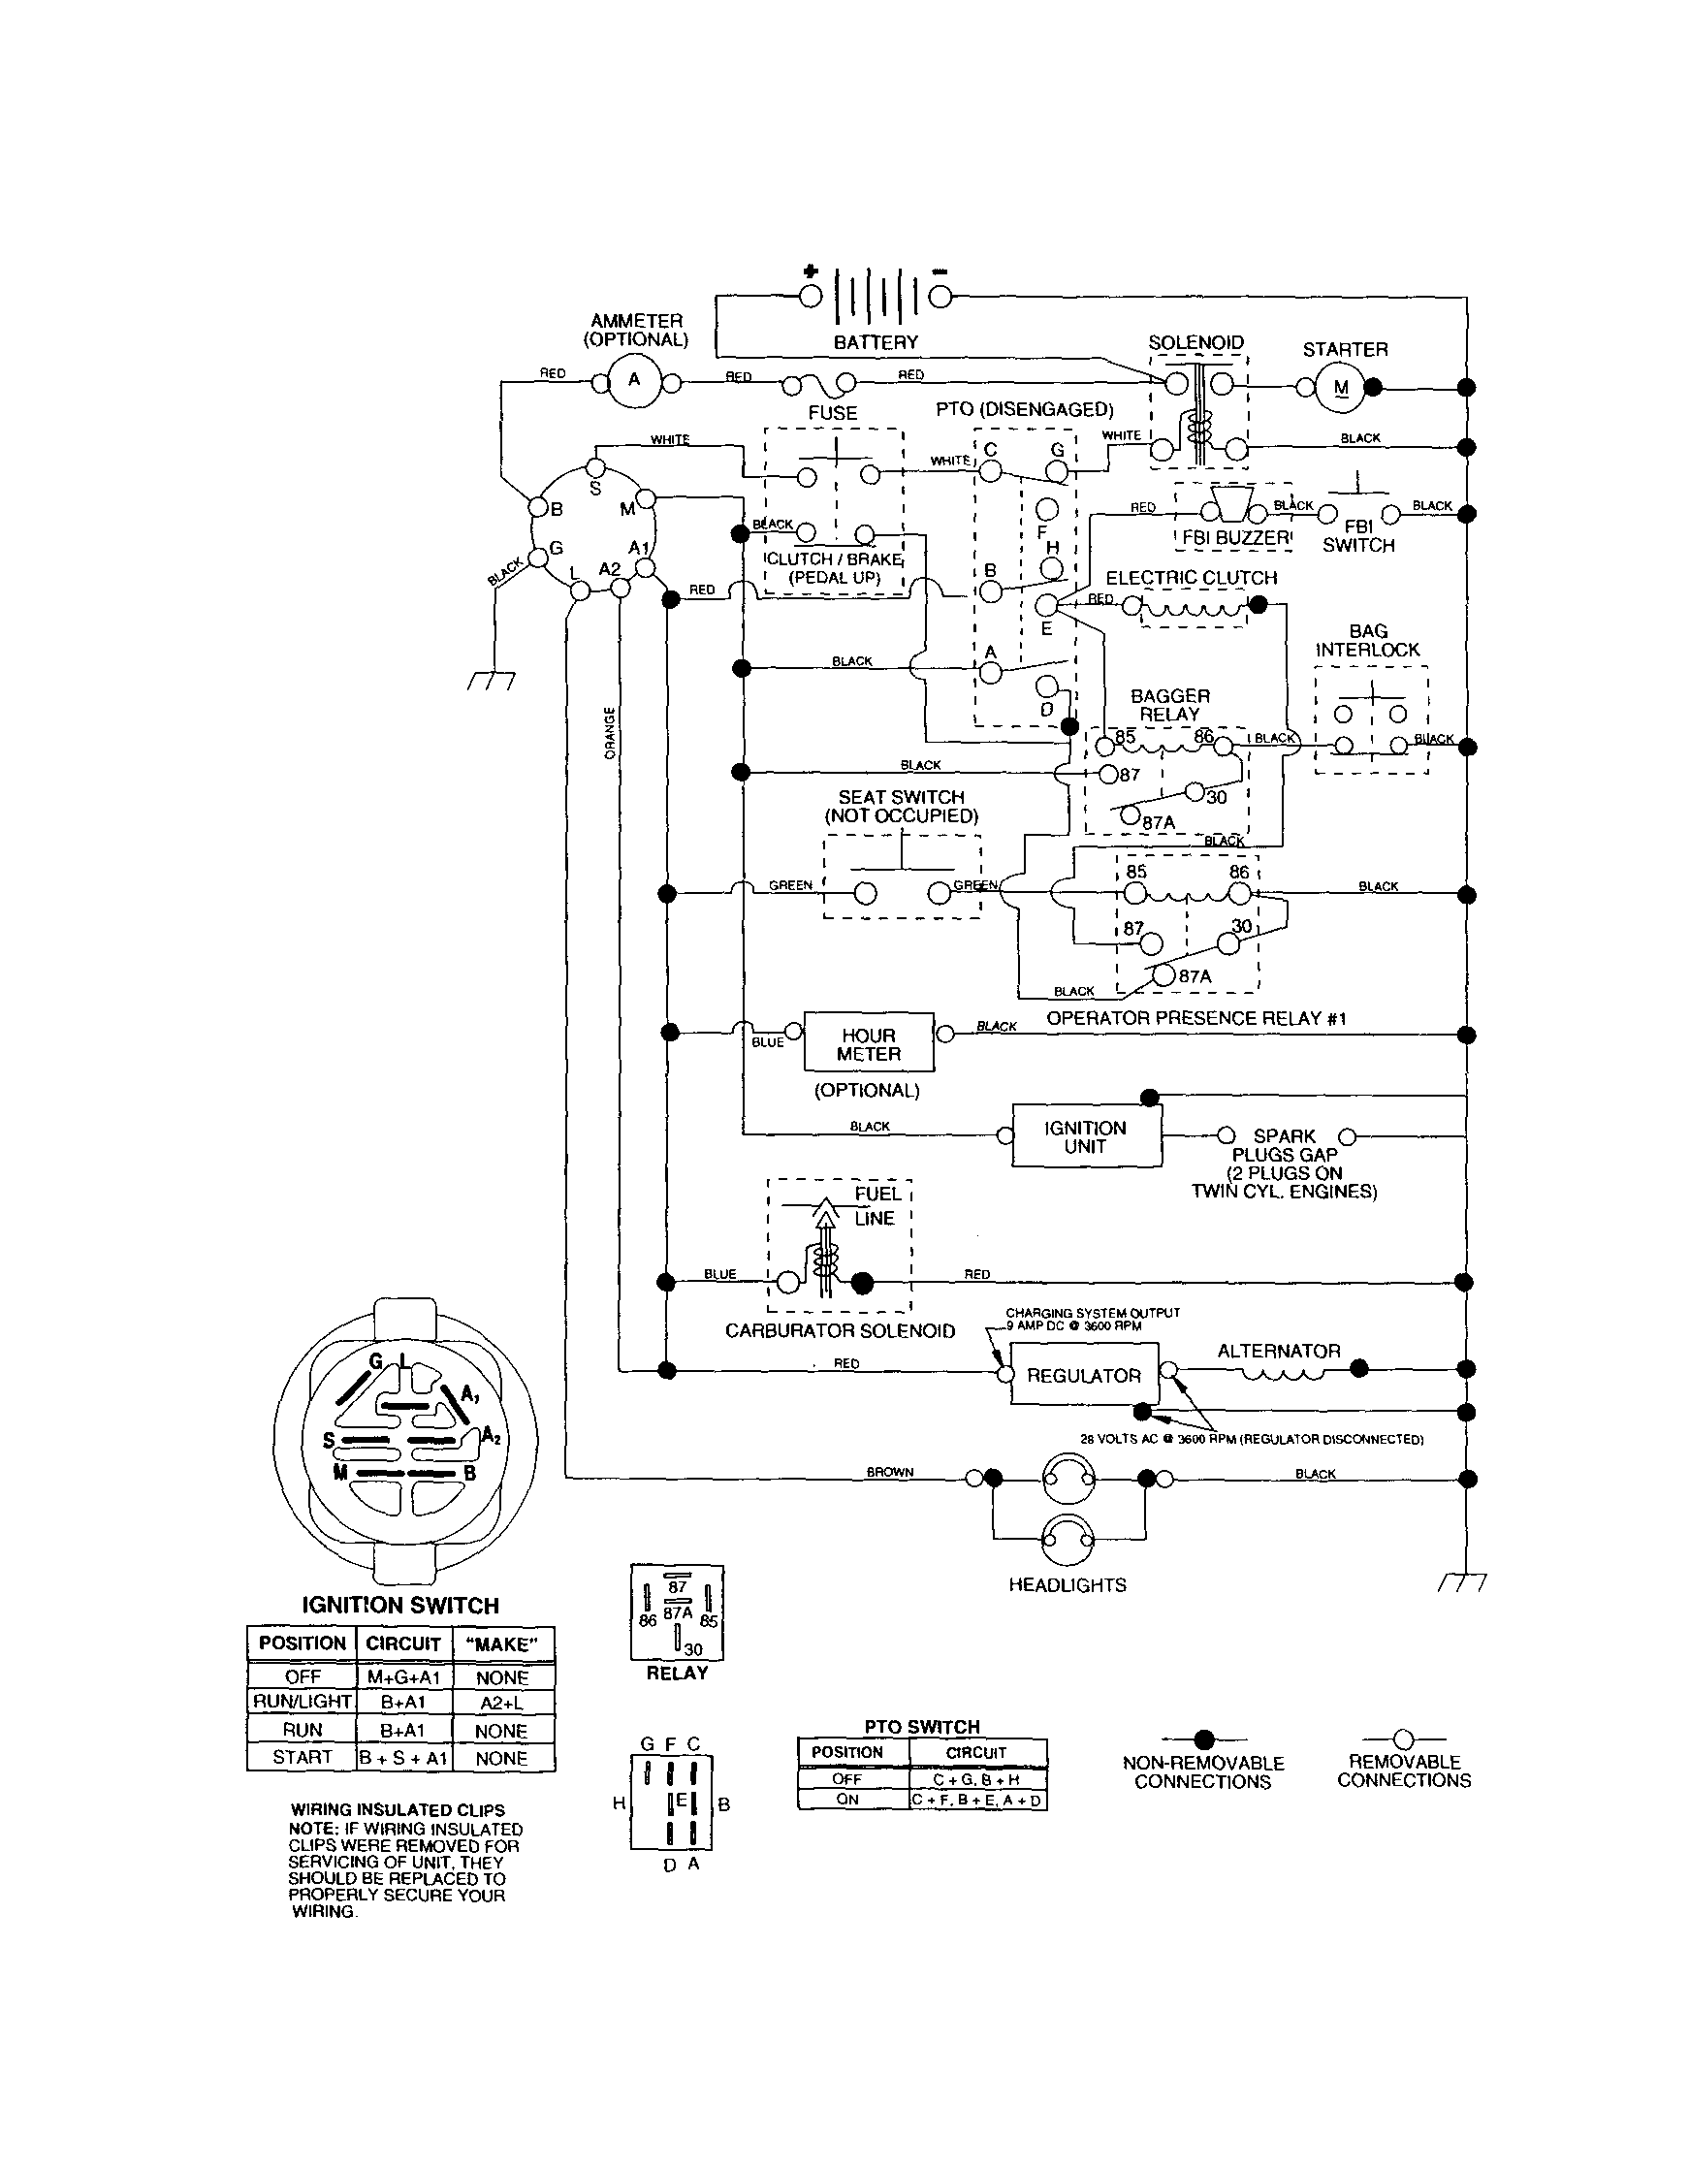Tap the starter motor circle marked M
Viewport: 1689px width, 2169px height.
1342,388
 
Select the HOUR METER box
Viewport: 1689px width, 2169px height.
868,1042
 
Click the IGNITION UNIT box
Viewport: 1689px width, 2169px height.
1085,1136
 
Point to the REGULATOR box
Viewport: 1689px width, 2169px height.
1083,1375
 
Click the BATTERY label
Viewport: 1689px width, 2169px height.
875,342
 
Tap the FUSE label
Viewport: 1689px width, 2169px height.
832,412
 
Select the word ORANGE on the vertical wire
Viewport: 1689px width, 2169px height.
610,733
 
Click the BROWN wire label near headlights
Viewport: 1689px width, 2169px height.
890,1472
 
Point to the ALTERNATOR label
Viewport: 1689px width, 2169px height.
1278,1351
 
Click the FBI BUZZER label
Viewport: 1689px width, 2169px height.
1234,538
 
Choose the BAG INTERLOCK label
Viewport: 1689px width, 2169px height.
1367,641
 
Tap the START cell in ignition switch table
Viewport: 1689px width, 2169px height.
302,1757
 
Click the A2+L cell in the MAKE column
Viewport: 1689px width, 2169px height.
501,1703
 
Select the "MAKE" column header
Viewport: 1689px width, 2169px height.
501,1643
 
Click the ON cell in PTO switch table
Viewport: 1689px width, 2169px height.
847,1800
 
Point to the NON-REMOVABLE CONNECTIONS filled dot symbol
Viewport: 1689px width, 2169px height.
1203,1738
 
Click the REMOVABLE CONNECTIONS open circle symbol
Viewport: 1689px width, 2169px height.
1403,1738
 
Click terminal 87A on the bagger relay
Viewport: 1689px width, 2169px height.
1130,815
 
